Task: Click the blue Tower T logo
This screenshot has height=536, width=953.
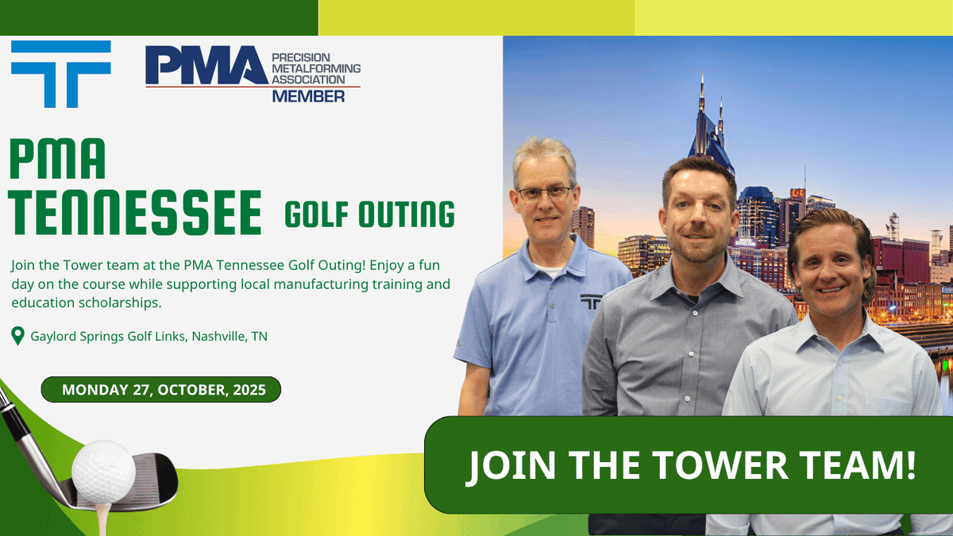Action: coord(60,74)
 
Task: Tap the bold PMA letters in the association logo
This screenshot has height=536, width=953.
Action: coord(206,66)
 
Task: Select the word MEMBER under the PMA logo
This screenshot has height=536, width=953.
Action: coord(308,97)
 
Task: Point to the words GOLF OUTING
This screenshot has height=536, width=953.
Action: coord(369,214)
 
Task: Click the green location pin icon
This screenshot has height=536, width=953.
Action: coord(17,337)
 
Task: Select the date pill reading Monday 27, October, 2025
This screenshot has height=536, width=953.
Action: coord(160,390)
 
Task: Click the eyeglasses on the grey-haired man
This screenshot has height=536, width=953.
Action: coord(544,193)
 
